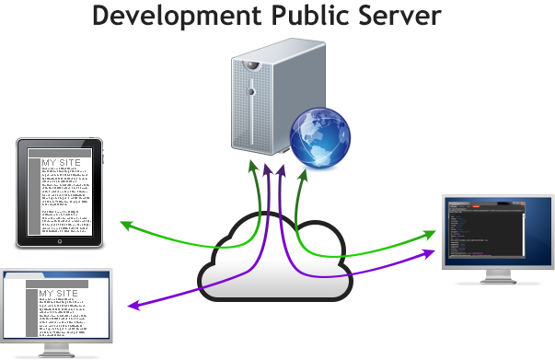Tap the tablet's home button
pos(60,241)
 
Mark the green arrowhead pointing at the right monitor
pos(429,235)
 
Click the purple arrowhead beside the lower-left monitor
pos(131,305)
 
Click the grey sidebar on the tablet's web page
pos(34,193)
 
